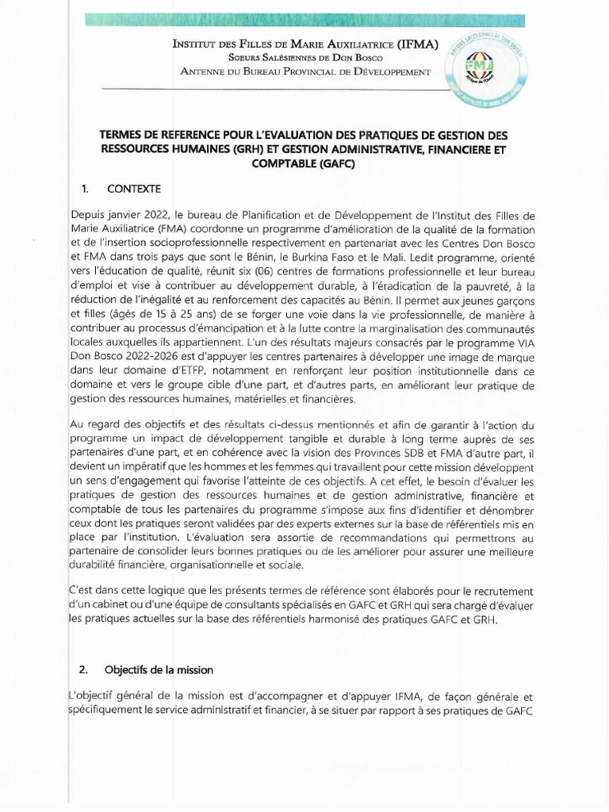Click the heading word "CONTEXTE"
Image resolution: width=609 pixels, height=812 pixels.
[x=134, y=189]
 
